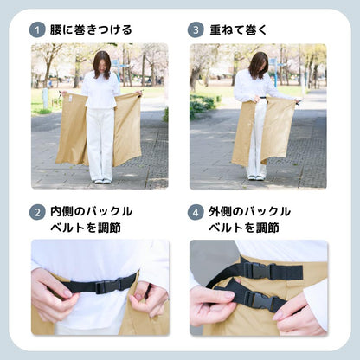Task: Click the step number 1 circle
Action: (x=37, y=30)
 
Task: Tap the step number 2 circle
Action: (x=37, y=212)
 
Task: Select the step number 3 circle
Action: (x=196, y=30)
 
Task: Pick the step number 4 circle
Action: (x=196, y=212)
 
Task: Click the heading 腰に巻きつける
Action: (x=91, y=29)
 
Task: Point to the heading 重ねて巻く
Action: (x=238, y=29)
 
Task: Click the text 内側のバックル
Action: (x=91, y=212)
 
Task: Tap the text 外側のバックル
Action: (x=249, y=212)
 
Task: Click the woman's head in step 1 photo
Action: (x=101, y=64)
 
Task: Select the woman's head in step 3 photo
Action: (x=258, y=65)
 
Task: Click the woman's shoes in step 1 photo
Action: (x=103, y=181)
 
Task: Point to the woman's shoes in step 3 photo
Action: (x=256, y=177)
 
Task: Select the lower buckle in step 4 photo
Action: (x=260, y=299)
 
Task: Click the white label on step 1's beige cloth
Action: (x=70, y=97)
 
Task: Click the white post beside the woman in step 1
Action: (x=45, y=99)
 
